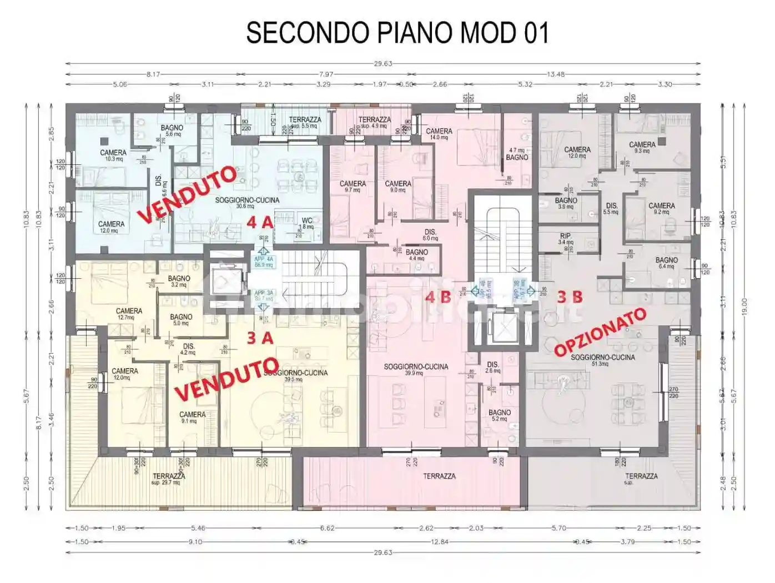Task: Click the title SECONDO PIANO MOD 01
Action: coord(397,33)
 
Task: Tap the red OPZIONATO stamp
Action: coord(601,332)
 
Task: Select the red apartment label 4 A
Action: coord(259,223)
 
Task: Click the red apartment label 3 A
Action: coord(259,338)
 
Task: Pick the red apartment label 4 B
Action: coord(437,297)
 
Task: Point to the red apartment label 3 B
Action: coord(570,297)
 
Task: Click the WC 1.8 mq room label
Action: coord(306,223)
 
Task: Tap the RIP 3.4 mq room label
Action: coord(565,239)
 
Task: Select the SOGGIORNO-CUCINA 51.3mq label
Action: coord(602,360)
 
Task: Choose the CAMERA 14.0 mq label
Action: coord(439,134)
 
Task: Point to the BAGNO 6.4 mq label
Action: coord(666,263)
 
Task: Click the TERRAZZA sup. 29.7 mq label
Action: coord(169,479)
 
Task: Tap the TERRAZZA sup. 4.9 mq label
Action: coord(374,122)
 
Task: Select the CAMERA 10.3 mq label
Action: coord(113,155)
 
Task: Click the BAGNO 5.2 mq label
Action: coord(499,415)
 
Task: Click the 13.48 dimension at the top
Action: coord(556,74)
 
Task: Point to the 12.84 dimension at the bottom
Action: coord(439,542)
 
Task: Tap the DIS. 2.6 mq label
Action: coord(492,368)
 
